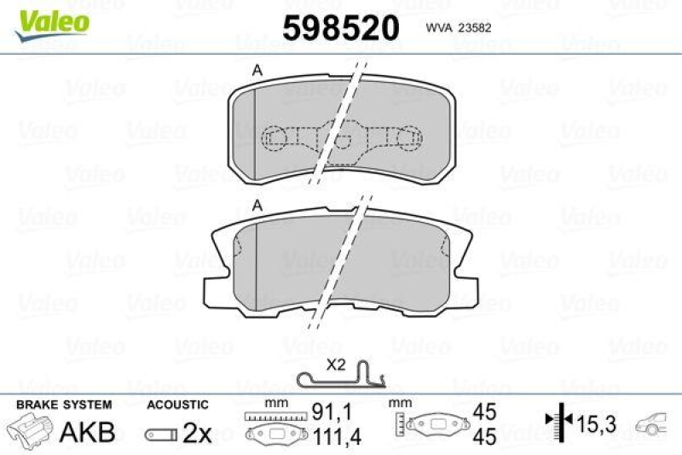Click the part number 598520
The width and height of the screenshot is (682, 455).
(340, 28)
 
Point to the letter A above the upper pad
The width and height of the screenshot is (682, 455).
(257, 72)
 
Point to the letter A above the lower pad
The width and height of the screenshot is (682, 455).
(257, 205)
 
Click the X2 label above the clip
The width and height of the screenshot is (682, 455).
(337, 363)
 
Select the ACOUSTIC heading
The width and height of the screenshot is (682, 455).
(177, 405)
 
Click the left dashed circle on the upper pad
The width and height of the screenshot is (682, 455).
(276, 137)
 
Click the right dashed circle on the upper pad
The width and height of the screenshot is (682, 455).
(410, 137)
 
